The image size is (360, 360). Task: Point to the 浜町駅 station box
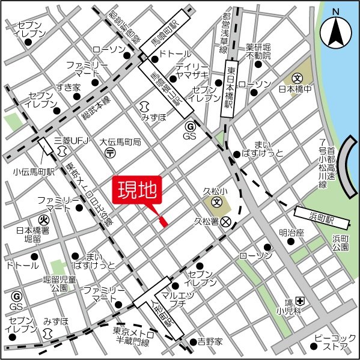[x=314, y=214]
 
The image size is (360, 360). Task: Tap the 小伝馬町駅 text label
[x=34, y=171]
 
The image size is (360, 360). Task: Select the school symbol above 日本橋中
[x=296, y=78]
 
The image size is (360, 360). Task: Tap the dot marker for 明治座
[x=291, y=242]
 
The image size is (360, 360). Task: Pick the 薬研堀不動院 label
[x=258, y=52]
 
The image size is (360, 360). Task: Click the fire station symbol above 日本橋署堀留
[x=43, y=220]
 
